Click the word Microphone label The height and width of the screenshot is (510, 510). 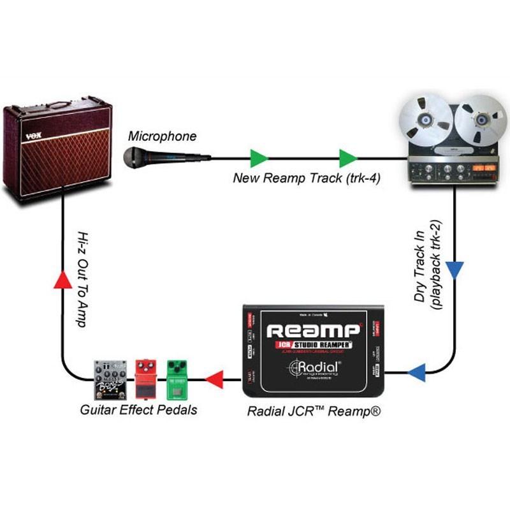[x=163, y=136]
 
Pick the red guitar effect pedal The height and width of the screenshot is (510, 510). [x=146, y=380]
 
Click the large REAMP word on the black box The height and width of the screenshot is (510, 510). [x=313, y=331]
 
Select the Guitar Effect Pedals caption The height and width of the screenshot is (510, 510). [x=138, y=410]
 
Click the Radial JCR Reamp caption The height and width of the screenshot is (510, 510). [x=314, y=412]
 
